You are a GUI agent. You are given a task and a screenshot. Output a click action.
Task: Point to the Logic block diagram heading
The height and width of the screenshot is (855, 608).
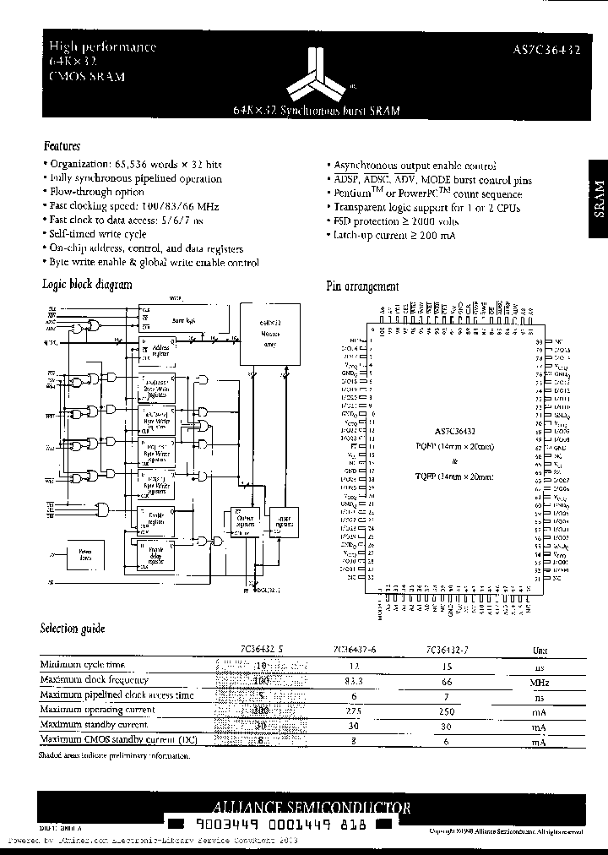pyautogui.click(x=87, y=285)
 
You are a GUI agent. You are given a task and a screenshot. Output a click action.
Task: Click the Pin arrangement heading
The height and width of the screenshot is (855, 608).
pyautogui.click(x=362, y=286)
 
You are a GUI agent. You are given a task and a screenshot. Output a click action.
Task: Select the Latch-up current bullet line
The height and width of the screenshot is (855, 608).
pyautogui.click(x=394, y=236)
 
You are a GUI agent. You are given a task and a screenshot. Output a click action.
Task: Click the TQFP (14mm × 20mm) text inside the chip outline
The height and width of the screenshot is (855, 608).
pyautogui.click(x=453, y=476)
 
